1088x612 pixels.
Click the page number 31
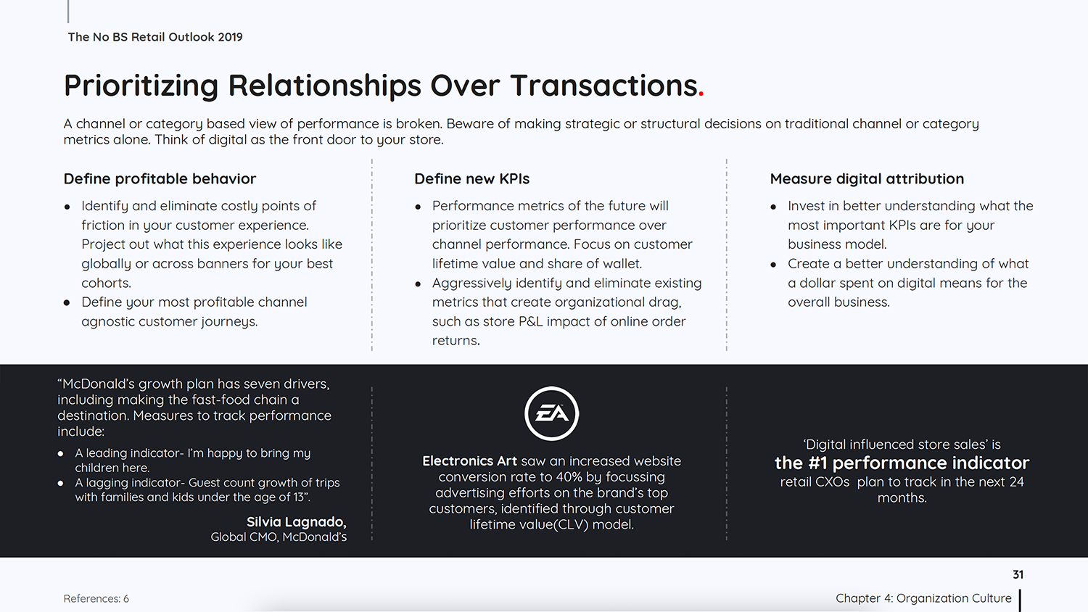click(x=1018, y=574)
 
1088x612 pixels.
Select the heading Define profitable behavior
click(x=160, y=179)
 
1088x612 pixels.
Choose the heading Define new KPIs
click(x=471, y=179)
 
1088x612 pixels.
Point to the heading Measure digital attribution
click(x=867, y=179)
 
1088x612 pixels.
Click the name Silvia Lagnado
click(x=296, y=521)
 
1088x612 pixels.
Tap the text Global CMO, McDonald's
click(x=279, y=537)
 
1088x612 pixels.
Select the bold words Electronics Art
click(x=469, y=461)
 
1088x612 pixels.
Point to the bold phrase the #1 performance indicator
click(x=902, y=463)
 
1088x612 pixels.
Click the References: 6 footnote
click(x=96, y=598)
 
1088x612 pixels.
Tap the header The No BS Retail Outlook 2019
click(x=155, y=37)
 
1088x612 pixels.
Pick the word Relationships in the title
click(x=324, y=86)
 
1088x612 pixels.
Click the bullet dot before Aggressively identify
click(x=418, y=284)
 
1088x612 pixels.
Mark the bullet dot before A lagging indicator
click(x=60, y=483)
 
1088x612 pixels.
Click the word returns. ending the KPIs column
click(x=456, y=341)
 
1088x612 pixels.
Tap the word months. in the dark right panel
click(x=902, y=498)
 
